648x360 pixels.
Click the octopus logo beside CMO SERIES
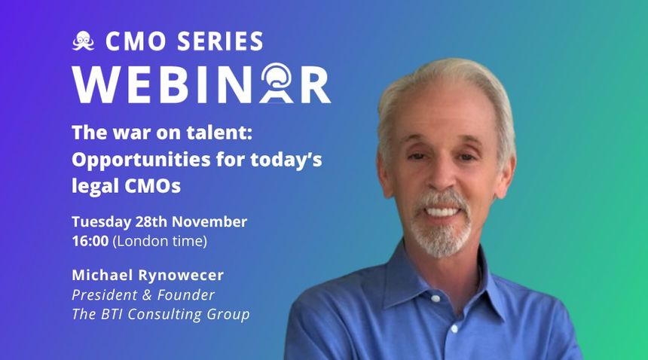(x=83, y=41)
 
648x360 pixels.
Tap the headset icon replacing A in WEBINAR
(x=276, y=83)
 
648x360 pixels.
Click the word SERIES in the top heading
(x=220, y=41)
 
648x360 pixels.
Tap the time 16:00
(x=90, y=241)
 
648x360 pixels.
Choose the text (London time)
(x=160, y=242)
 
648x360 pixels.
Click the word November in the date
(x=209, y=221)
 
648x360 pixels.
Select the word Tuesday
(x=101, y=222)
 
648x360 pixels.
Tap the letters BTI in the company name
(x=111, y=314)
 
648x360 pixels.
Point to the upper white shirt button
(x=436, y=297)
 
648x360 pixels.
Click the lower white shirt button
(x=454, y=329)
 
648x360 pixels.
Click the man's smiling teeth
(x=441, y=212)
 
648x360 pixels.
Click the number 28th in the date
(x=151, y=221)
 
